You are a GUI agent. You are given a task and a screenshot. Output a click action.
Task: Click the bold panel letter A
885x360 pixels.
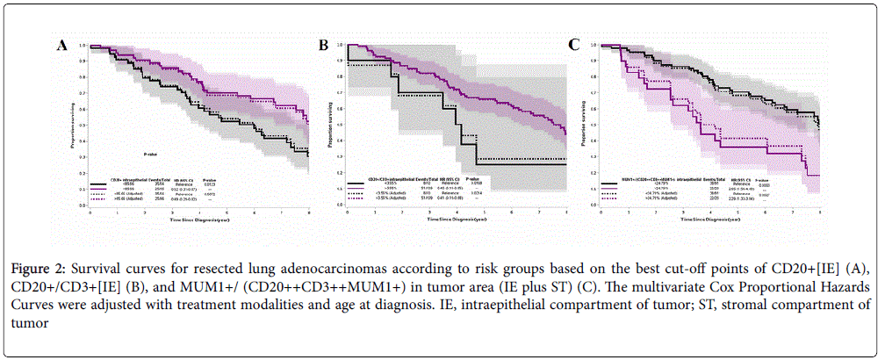tap(62, 45)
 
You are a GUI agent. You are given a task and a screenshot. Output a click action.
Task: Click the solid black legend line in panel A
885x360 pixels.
tap(99, 187)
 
